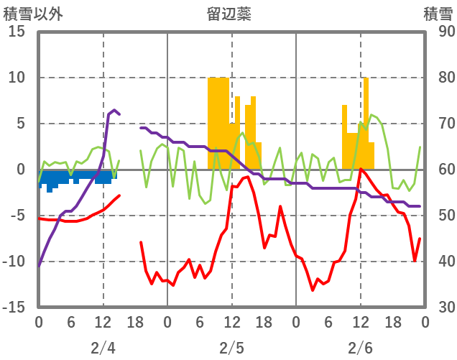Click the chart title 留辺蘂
click(x=228, y=13)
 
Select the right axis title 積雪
click(x=438, y=13)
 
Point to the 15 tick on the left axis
click(x=16, y=32)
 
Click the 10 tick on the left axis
click(x=16, y=78)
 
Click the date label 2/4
click(x=103, y=349)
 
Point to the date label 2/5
click(x=231, y=349)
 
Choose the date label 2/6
click(x=360, y=349)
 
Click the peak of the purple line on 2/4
click(x=114, y=110)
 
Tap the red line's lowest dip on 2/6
click(x=313, y=290)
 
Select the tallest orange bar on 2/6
click(x=366, y=115)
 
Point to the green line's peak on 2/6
click(x=371, y=114)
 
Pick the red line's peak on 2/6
click(x=361, y=169)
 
